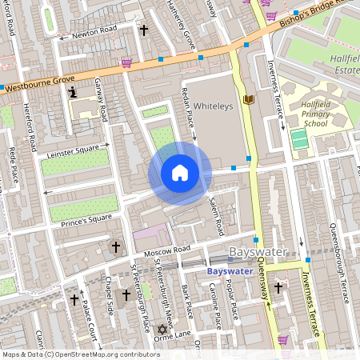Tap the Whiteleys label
212,105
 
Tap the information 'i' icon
74,93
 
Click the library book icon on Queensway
248,98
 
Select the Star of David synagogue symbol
162,329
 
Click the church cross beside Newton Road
144,30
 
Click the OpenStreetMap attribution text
80,354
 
